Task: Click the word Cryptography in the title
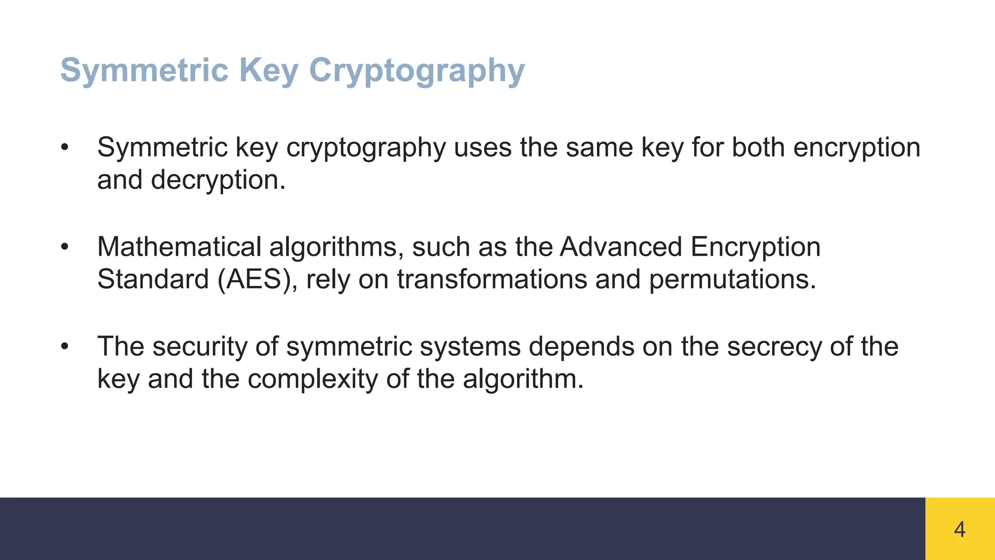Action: coord(417,71)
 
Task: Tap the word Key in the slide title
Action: coord(268,71)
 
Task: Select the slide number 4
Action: coord(960,529)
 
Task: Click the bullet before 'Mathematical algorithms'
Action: coord(65,247)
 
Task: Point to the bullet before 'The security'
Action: coord(65,347)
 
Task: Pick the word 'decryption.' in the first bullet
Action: coord(218,180)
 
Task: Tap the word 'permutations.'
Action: coord(733,280)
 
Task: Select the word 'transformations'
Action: coord(492,280)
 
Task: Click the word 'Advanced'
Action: coord(621,247)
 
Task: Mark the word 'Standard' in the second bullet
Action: coord(153,280)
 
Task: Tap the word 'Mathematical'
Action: coord(179,247)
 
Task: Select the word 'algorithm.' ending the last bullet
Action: coord(523,379)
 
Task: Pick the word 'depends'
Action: coord(581,347)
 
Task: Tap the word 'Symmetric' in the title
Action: coord(144,71)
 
